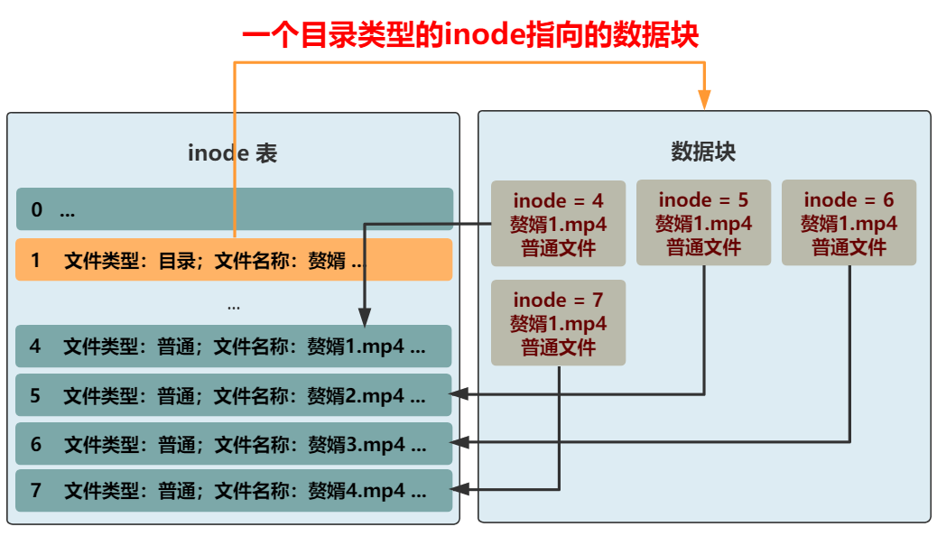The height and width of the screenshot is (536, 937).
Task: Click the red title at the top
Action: [470, 35]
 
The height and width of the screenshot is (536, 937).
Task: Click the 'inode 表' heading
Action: [232, 152]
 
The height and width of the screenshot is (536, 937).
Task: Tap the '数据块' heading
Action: [703, 151]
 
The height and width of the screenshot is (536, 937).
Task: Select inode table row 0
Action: [234, 209]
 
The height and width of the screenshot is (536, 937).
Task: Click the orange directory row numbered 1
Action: [234, 260]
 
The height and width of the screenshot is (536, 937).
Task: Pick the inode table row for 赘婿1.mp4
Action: [234, 347]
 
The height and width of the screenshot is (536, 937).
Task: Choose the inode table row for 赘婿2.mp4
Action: [234, 395]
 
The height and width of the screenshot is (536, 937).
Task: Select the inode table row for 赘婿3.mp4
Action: [234, 443]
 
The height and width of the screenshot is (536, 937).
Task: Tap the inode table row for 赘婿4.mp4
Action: [234, 491]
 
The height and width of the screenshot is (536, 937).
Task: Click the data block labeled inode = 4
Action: [558, 224]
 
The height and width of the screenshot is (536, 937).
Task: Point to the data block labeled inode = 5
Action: [703, 222]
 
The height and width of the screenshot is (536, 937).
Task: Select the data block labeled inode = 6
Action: [849, 222]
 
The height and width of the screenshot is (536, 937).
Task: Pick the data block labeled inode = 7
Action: [558, 323]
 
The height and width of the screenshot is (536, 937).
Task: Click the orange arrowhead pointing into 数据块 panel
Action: [705, 99]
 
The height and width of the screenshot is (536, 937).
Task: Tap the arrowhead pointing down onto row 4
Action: [364, 317]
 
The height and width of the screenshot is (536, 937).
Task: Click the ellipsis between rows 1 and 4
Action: [234, 306]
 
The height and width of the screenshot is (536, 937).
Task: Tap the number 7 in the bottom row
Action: [36, 491]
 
